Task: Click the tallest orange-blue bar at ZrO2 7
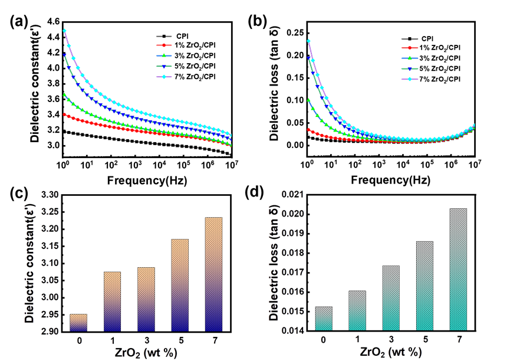tap(214, 274)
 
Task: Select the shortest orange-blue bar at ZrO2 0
tap(78, 323)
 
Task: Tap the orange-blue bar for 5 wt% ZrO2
tap(180, 285)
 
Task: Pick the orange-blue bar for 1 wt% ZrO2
tap(112, 301)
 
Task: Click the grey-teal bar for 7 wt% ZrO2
tap(458, 270)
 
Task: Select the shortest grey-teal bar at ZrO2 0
tap(323, 319)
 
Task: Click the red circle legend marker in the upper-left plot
tap(164, 45)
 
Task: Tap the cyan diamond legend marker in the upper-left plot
tap(164, 77)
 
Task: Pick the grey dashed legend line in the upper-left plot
tap(164, 37)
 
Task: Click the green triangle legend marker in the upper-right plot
tap(409, 58)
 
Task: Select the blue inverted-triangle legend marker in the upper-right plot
tap(409, 68)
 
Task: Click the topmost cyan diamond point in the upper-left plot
tap(65, 31)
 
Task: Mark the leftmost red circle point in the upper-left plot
tap(65, 114)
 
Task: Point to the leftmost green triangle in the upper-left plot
tap(65, 94)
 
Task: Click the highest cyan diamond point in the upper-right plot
tap(308, 41)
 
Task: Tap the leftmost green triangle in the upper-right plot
tap(308, 100)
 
